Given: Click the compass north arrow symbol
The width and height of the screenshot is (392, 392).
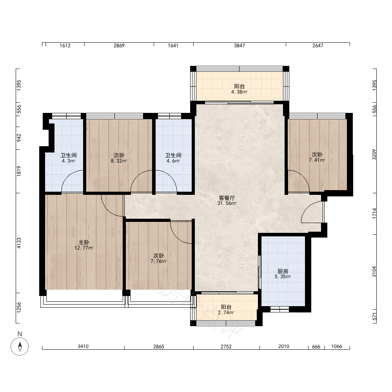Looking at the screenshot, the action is click(x=20, y=347).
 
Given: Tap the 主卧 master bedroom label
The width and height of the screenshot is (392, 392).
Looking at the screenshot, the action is click(x=84, y=242).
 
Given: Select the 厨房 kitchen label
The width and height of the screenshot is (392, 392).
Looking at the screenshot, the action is click(x=283, y=271).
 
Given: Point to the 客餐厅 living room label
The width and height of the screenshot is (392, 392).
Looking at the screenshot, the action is click(x=227, y=198).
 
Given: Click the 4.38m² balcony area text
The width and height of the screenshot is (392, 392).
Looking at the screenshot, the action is click(x=239, y=92).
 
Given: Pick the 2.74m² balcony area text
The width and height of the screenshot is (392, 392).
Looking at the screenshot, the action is click(x=226, y=312).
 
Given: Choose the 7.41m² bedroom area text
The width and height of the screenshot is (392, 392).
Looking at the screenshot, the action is click(x=317, y=160).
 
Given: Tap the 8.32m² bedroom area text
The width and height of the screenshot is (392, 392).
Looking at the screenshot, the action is click(x=119, y=161).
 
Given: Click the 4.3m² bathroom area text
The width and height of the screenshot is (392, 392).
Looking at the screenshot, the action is click(x=69, y=161).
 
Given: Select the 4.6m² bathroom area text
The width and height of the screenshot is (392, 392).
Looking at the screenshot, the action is click(x=173, y=161).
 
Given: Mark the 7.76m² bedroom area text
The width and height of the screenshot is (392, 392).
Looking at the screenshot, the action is click(x=158, y=261).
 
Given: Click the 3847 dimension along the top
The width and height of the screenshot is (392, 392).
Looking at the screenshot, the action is click(x=239, y=45).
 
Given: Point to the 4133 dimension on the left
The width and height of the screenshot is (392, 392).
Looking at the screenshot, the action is click(x=19, y=243).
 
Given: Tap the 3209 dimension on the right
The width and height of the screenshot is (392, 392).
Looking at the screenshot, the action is click(x=374, y=154).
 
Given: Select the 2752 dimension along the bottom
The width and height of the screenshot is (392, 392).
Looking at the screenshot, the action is click(x=226, y=347).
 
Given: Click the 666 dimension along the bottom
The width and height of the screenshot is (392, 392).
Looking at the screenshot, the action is click(x=316, y=347).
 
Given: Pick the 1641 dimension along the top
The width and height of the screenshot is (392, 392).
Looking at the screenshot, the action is click(x=173, y=45).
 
